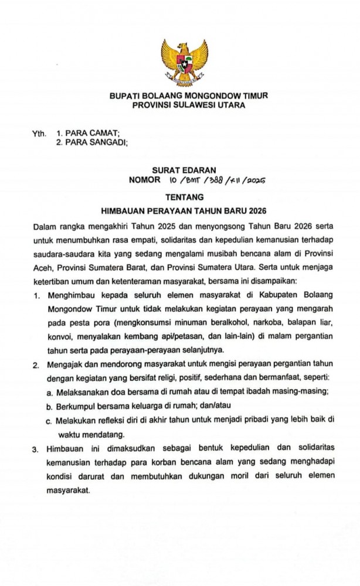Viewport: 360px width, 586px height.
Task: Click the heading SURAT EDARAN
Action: click(x=180, y=172)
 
